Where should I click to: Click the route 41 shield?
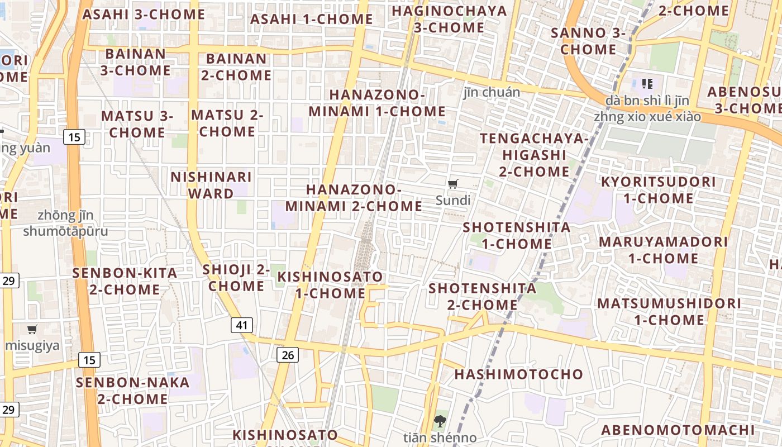point(242,325)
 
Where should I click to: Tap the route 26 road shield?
point(288,354)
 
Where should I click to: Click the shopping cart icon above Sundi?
point(453,184)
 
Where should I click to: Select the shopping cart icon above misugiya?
point(32,329)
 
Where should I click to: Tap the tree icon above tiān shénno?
point(440,421)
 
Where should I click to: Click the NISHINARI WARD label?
point(211,186)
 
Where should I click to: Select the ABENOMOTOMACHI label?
point(678,430)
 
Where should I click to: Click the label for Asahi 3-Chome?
point(144,15)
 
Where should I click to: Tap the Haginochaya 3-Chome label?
point(449,19)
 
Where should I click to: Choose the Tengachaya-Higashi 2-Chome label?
point(534,155)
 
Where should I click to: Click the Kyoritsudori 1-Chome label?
point(658,190)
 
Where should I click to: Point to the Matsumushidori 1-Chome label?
point(669,312)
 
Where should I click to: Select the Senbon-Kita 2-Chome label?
point(125,282)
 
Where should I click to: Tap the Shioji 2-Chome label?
point(236,278)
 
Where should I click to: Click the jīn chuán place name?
point(492,92)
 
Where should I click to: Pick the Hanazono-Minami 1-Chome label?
point(377,103)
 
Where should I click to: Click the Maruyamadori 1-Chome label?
point(663,250)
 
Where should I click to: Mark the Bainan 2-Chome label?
point(236,67)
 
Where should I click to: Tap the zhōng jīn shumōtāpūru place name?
point(66,223)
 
